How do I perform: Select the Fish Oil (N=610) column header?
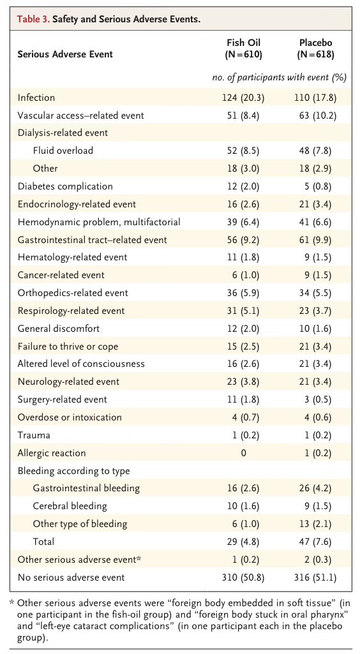click(244, 48)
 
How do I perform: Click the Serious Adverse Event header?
click(65, 54)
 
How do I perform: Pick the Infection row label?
click(36, 98)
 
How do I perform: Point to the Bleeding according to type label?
click(74, 471)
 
